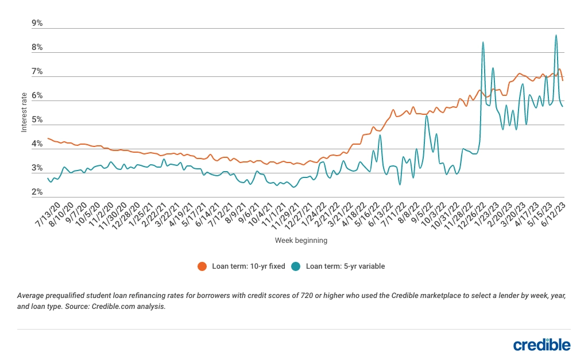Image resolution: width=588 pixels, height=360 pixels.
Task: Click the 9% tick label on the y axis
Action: point(37,24)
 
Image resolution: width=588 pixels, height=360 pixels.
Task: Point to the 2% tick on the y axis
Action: point(37,193)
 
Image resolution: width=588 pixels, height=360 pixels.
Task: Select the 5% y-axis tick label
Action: point(37,120)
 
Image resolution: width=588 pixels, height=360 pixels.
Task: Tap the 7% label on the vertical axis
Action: point(37,72)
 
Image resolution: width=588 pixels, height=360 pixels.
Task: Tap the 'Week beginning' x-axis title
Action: point(301,241)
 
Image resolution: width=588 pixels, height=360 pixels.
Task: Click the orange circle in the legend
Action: point(202,266)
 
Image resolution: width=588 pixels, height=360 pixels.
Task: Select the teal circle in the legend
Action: point(296,266)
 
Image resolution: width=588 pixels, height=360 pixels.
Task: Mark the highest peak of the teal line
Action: point(556,35)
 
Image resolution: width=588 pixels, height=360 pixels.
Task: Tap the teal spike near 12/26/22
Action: point(483,42)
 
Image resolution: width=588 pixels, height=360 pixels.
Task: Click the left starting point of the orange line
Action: point(48,138)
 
